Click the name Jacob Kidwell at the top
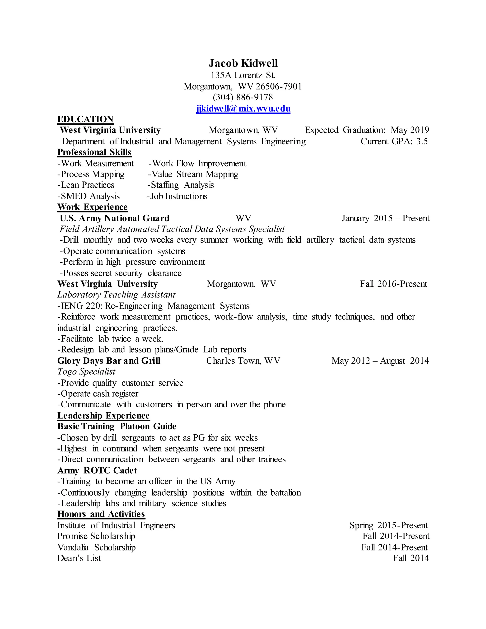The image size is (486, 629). [x=243, y=63]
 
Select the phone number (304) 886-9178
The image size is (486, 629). [x=243, y=97]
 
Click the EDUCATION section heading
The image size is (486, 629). [x=85, y=119]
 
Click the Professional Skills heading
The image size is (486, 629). [x=94, y=152]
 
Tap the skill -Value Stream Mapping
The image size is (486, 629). [x=193, y=174]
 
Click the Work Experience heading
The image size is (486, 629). [x=92, y=207]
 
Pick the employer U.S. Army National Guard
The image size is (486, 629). [x=115, y=218]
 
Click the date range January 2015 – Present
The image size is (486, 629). [x=385, y=218]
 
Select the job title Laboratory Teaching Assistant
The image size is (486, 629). [x=116, y=295]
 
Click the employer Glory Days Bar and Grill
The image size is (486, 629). [x=109, y=361]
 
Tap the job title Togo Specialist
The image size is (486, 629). [x=86, y=371]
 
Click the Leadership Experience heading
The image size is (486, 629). [x=103, y=416]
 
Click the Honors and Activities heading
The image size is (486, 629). [x=101, y=514]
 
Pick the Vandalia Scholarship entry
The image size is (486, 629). [x=96, y=548]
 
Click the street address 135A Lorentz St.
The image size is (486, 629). [x=243, y=75]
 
